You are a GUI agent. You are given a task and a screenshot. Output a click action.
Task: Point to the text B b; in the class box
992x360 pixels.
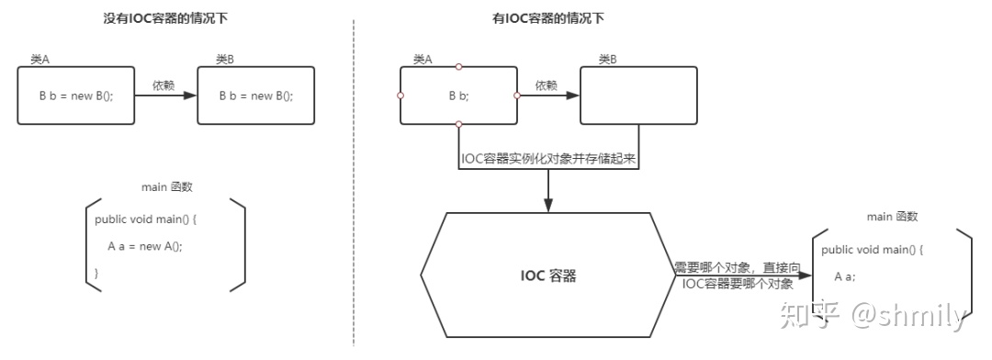coord(458,96)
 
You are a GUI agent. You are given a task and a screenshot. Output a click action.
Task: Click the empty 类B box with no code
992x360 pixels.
coord(637,95)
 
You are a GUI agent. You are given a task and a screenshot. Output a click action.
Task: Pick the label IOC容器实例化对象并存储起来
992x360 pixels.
coord(549,158)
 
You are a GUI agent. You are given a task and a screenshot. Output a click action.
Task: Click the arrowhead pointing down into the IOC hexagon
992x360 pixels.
coord(548,207)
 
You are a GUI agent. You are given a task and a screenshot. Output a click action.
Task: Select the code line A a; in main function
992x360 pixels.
coord(845,276)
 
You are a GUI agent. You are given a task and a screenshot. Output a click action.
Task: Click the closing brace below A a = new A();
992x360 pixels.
coord(97,273)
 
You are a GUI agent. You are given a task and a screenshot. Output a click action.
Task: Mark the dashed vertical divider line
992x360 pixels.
coord(354,184)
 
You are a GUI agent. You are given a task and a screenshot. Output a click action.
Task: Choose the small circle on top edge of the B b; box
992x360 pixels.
coord(458,66)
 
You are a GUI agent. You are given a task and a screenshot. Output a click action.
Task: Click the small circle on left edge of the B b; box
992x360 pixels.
coord(400,95)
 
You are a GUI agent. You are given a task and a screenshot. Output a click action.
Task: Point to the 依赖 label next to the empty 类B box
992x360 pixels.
coord(546,84)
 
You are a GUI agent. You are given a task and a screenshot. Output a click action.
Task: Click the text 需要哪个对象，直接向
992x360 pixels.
coord(738,267)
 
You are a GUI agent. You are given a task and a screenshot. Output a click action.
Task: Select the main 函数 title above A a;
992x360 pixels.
coord(892,217)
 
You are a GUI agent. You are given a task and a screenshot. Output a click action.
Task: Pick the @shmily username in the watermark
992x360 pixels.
coord(908,316)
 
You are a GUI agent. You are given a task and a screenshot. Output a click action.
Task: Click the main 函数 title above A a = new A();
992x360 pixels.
coord(166,187)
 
